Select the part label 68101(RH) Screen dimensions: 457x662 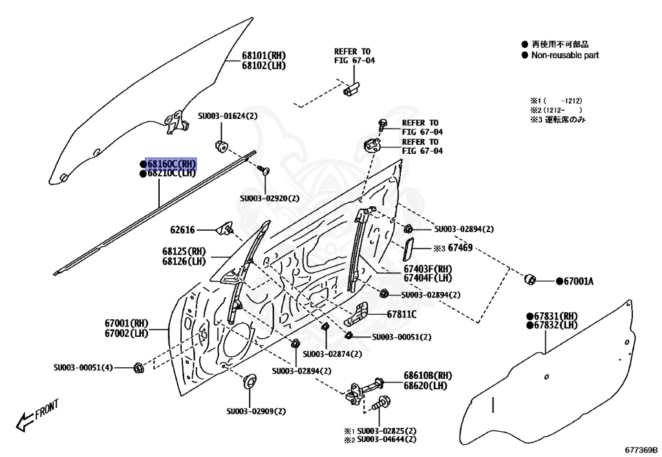(x=264, y=56)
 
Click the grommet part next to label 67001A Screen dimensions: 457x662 (x=529, y=279)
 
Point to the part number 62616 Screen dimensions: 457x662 (x=183, y=229)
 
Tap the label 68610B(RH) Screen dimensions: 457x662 (x=428, y=375)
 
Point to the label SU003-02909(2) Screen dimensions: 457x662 (x=256, y=411)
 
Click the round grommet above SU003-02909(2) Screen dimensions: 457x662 (x=249, y=380)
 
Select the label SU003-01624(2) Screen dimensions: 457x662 (x=228, y=116)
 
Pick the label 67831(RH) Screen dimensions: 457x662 (x=555, y=315)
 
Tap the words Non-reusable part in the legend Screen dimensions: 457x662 (x=564, y=56)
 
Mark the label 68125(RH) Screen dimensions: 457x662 (x=184, y=251)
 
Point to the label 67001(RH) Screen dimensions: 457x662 (x=127, y=323)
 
